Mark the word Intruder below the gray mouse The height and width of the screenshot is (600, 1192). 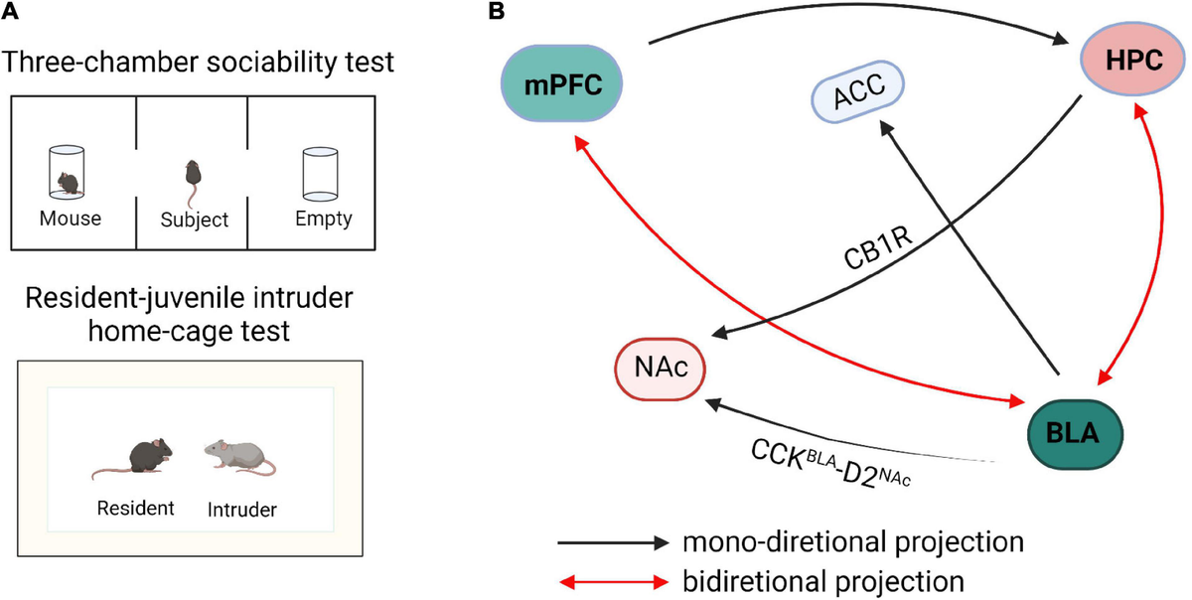pos(241,510)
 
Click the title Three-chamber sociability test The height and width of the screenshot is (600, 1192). pos(198,63)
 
